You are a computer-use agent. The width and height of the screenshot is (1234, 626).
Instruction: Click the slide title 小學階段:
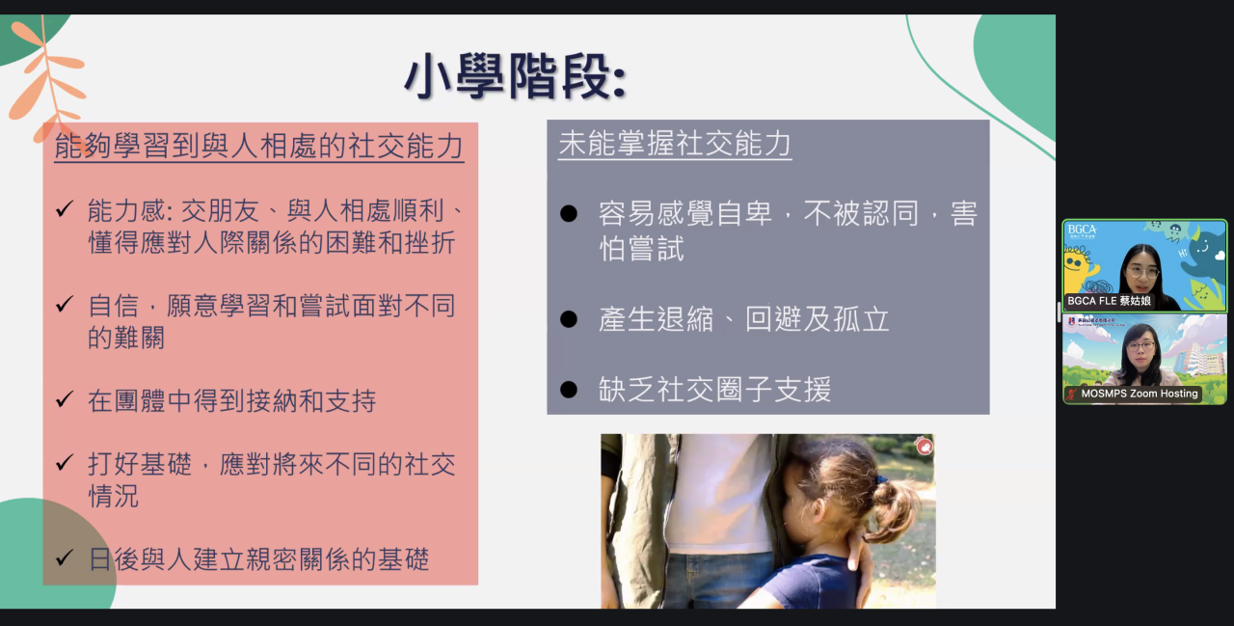516,77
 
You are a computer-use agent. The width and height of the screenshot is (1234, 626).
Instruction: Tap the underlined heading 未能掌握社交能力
675,144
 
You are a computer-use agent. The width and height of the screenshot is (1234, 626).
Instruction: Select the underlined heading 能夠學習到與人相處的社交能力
259,146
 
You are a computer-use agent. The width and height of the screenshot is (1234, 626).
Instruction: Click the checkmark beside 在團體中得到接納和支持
65,398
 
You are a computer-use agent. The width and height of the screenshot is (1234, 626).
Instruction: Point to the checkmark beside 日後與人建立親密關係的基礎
65,558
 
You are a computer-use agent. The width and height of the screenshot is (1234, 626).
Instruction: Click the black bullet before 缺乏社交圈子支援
569,390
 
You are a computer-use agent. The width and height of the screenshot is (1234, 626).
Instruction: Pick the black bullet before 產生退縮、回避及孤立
569,319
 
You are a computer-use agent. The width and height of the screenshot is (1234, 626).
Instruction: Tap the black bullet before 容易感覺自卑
569,213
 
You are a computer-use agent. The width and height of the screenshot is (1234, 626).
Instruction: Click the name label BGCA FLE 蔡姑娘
1109,301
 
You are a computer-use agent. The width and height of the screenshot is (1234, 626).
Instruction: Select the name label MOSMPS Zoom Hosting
1140,394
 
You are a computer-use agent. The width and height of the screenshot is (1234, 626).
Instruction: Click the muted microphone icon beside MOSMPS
1071,394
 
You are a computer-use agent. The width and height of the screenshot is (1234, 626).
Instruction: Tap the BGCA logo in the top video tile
1082,231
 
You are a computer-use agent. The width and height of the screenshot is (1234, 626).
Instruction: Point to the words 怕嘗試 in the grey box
641,249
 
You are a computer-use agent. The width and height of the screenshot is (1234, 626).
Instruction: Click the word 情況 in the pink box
114,496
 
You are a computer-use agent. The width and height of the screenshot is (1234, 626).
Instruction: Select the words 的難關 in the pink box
126,337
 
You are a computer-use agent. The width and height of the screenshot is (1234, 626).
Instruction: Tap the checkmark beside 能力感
65,209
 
